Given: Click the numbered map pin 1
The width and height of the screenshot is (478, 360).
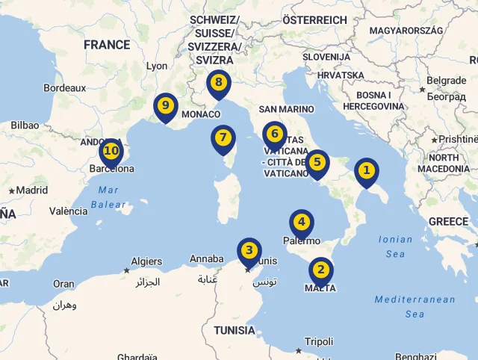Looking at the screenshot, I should pyautogui.click(x=366, y=171).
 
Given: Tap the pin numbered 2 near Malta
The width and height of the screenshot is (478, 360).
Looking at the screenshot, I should pyautogui.click(x=321, y=270).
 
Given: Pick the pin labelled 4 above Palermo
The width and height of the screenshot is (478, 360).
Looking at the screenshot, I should pyautogui.click(x=302, y=222).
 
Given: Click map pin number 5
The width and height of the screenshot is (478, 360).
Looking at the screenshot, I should pyautogui.click(x=317, y=162).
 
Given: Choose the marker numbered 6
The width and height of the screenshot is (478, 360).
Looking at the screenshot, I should pyautogui.click(x=275, y=134).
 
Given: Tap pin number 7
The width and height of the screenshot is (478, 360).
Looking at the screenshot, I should pyautogui.click(x=223, y=138).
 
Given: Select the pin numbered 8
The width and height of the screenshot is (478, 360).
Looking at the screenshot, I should pyautogui.click(x=218, y=83).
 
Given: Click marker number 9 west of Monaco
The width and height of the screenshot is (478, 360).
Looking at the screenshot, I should pyautogui.click(x=165, y=106).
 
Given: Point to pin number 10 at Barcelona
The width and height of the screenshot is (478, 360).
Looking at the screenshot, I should pyautogui.click(x=111, y=152).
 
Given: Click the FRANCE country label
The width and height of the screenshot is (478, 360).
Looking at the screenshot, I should pyautogui.click(x=107, y=45).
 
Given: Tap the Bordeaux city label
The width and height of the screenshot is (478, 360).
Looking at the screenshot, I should pyautogui.click(x=65, y=87).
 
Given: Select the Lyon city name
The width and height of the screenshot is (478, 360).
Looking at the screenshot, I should pyautogui.click(x=157, y=66).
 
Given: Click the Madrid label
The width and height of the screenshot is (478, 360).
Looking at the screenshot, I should pyautogui.click(x=31, y=190).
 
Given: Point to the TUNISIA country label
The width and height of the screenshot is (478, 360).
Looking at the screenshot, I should pyautogui.click(x=235, y=330).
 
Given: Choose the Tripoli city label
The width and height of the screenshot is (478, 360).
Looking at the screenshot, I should pyautogui.click(x=319, y=341).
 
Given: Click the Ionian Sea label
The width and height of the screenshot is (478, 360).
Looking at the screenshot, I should pyautogui.click(x=395, y=246).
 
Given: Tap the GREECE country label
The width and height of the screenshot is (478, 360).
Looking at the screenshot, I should pyautogui.click(x=448, y=222).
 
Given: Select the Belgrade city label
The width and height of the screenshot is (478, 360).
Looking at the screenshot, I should pyautogui.click(x=446, y=81).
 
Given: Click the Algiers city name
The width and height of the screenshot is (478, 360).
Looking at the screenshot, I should pyautogui.click(x=146, y=261).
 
